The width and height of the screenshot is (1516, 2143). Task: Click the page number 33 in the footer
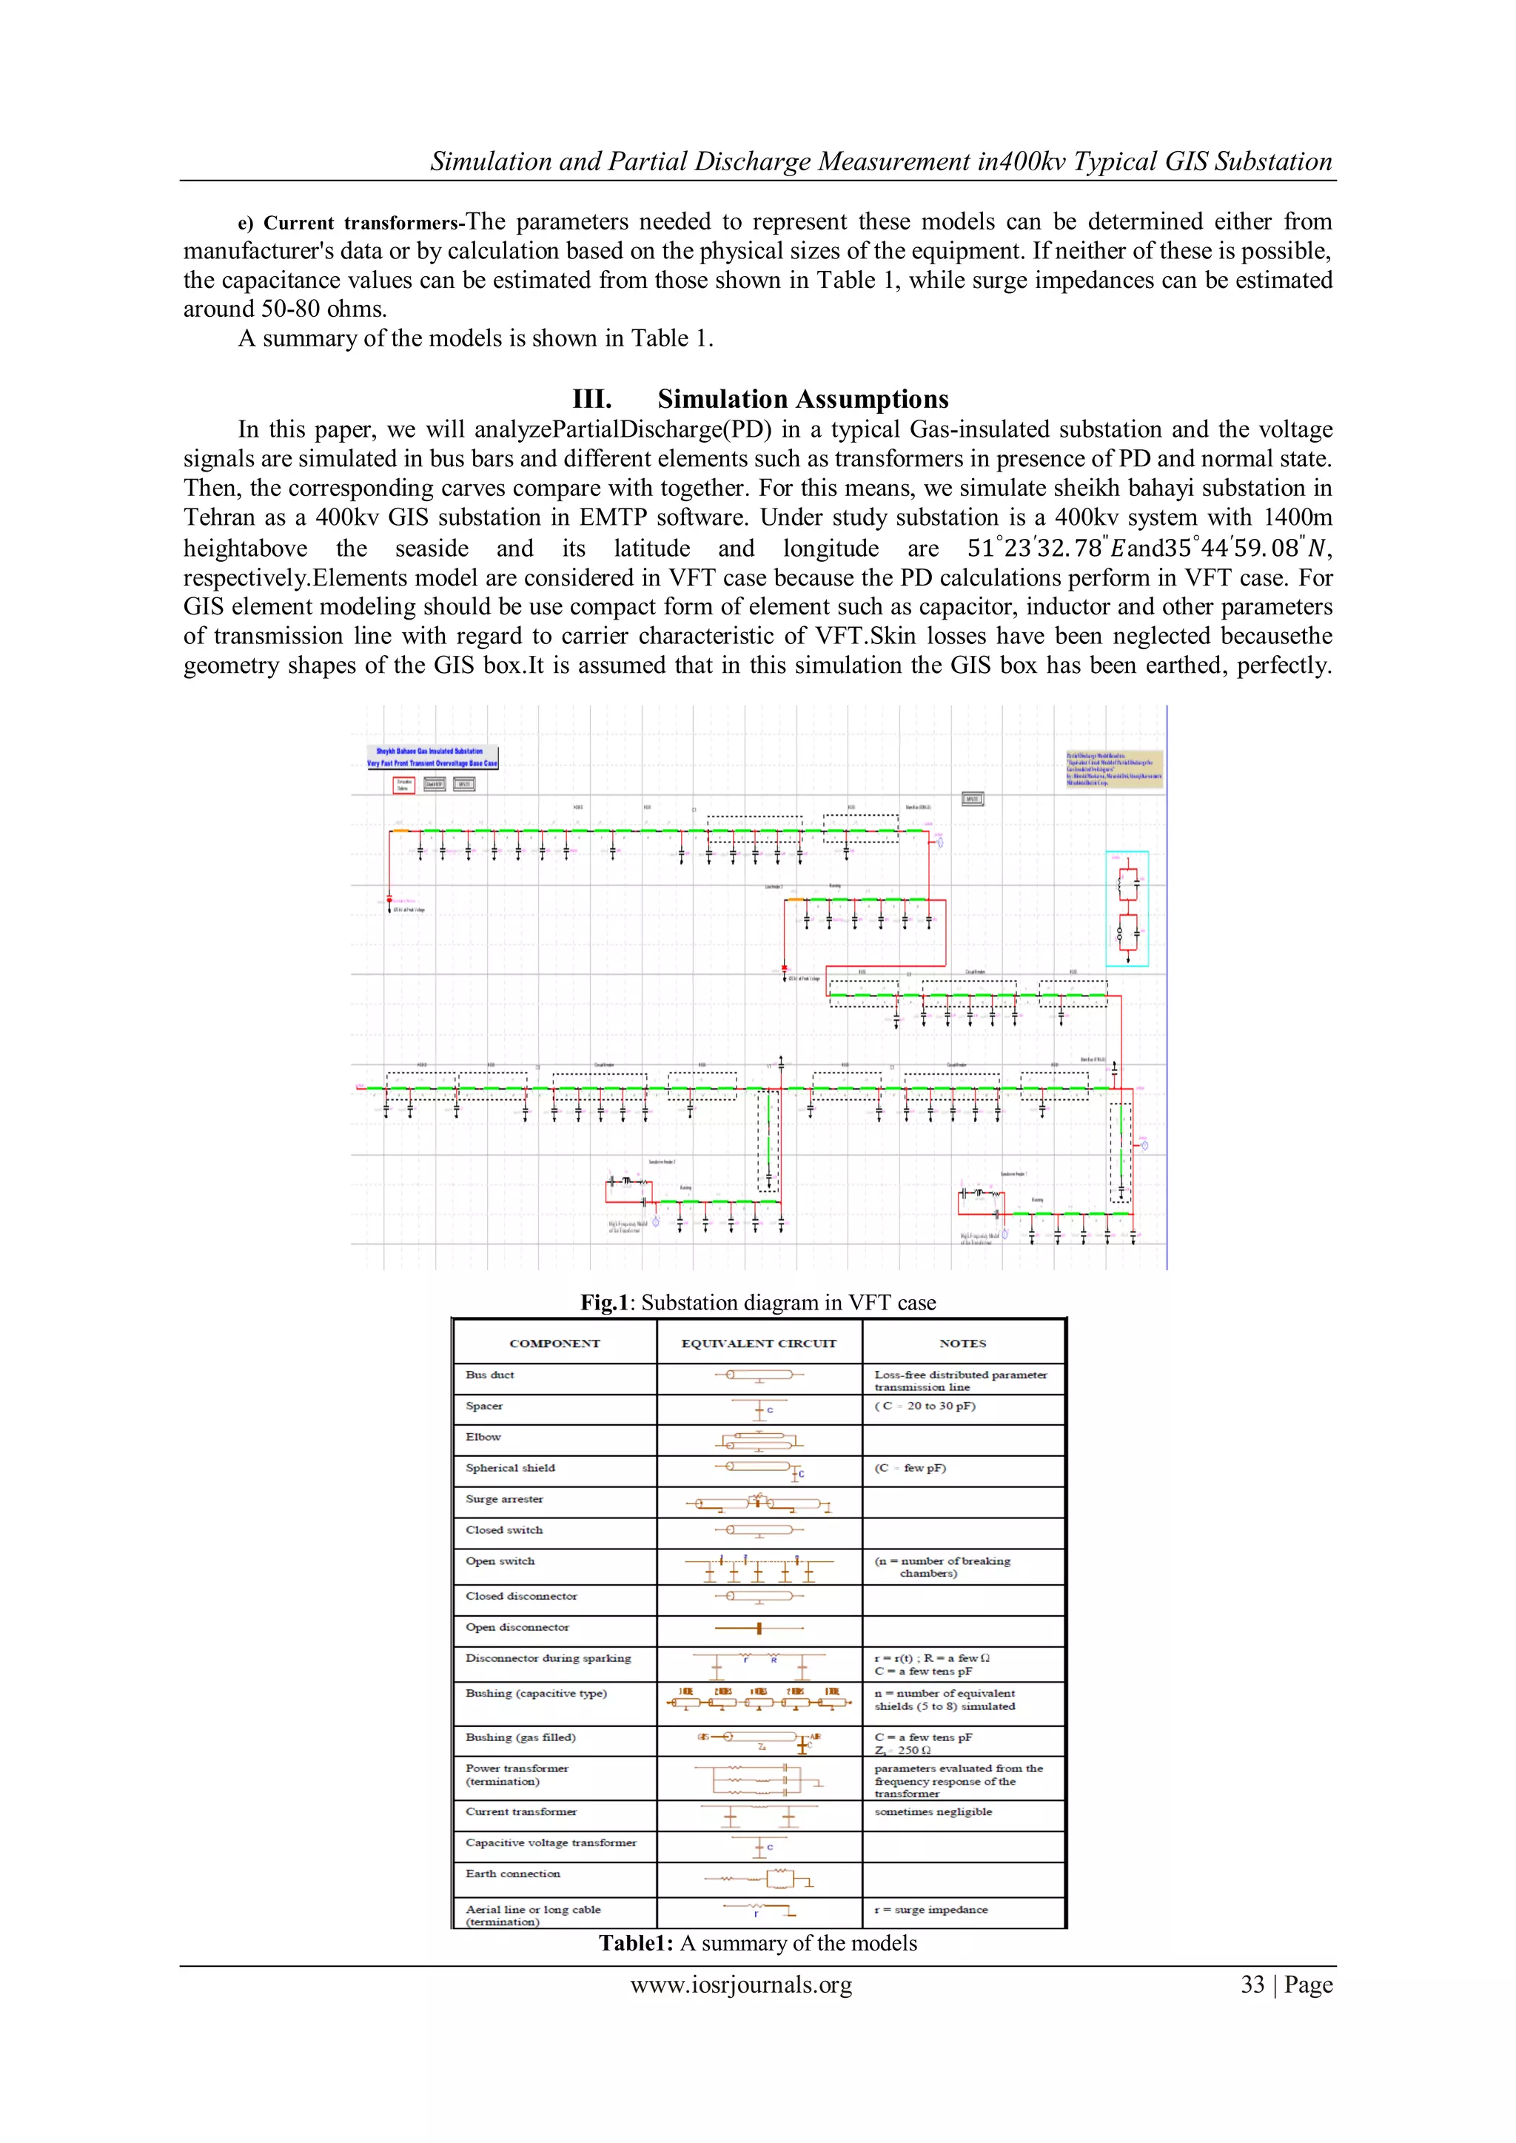pyautogui.click(x=1252, y=1985)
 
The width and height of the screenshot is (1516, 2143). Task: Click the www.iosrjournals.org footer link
pyautogui.click(x=741, y=1985)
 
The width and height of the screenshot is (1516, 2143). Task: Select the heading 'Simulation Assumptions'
pyautogui.click(x=803, y=400)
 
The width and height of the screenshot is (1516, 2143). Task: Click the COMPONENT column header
pyautogui.click(x=554, y=1343)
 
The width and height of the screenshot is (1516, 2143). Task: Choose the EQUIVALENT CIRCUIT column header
pyautogui.click(x=759, y=1343)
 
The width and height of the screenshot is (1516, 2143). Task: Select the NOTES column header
pyautogui.click(x=962, y=1343)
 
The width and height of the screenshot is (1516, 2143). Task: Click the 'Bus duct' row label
pyautogui.click(x=490, y=1375)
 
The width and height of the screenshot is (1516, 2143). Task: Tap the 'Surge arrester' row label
pyautogui.click(x=504, y=1499)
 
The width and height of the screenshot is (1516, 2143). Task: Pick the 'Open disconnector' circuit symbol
pyautogui.click(x=759, y=1629)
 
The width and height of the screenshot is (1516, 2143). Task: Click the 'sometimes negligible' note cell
pyautogui.click(x=933, y=1811)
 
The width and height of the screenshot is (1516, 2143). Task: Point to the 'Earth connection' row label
pyautogui.click(x=512, y=1874)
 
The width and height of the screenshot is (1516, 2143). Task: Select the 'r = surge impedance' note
pyautogui.click(x=930, y=1909)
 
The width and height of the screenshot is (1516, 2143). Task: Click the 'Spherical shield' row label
pyautogui.click(x=510, y=1468)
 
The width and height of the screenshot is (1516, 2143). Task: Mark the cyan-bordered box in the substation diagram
pyautogui.click(x=1127, y=908)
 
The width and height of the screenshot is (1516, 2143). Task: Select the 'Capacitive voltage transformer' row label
pyautogui.click(x=551, y=1842)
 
